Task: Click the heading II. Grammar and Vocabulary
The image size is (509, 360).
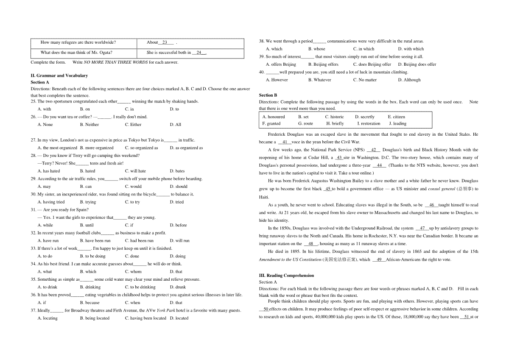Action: click(59, 75)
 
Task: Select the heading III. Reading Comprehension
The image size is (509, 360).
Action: click(287, 275)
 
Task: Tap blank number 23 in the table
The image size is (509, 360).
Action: click(165, 42)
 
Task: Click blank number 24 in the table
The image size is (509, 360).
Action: click(199, 53)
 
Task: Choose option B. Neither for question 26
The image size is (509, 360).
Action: click(89, 125)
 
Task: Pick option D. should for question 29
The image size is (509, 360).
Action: click(179, 186)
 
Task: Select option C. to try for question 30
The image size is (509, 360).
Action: click(132, 202)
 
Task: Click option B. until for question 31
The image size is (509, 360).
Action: click(87, 225)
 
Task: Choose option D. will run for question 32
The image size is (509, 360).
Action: click(180, 240)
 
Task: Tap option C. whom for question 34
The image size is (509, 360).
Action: click(134, 271)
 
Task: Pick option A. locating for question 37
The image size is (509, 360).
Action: click(48, 318)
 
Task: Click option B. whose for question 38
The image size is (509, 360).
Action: click(317, 49)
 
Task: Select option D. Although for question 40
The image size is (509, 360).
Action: click(409, 80)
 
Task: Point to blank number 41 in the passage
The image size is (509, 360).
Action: click(285, 142)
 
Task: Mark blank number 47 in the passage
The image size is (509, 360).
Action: click(422, 228)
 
